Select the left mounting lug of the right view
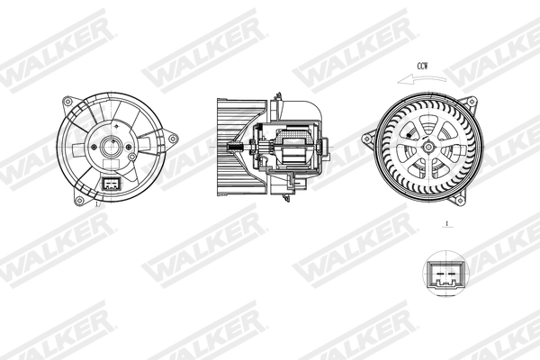pos(367,139)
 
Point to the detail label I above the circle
pos(445,223)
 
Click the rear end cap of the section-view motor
pos(326,146)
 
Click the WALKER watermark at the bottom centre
pos(270,335)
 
